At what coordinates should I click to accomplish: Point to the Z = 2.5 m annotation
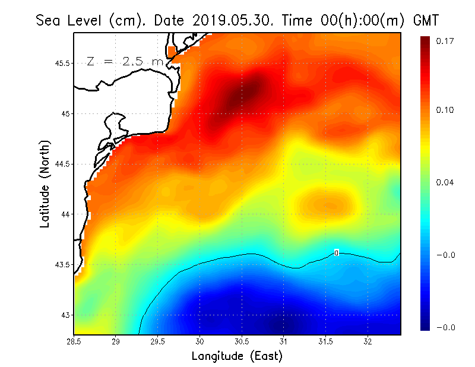pyautogui.click(x=124, y=62)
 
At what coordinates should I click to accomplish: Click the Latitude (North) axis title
pyautogui.click(x=45, y=183)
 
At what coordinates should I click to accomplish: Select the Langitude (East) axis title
pyautogui.click(x=237, y=356)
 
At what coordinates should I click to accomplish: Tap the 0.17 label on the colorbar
pyautogui.click(x=445, y=41)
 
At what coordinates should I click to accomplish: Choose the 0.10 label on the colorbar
pyautogui.click(x=445, y=110)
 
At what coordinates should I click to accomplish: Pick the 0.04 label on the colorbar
pyautogui.click(x=445, y=182)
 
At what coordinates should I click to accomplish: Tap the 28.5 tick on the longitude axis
pyautogui.click(x=74, y=341)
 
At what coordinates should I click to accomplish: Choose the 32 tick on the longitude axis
pyautogui.click(x=368, y=341)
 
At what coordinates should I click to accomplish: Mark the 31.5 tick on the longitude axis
pyautogui.click(x=326, y=341)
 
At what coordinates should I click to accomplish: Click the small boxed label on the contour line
pyautogui.click(x=337, y=253)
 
